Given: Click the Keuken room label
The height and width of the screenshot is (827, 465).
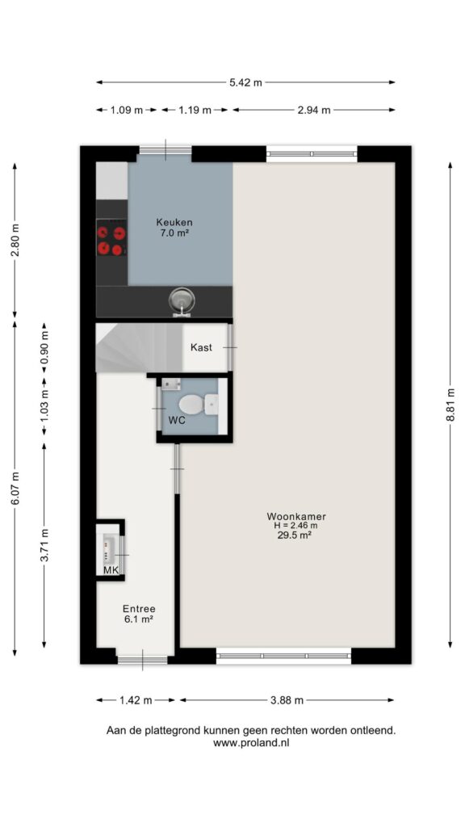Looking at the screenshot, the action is [174, 222].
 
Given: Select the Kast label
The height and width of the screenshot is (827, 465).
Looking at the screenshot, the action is [201, 347].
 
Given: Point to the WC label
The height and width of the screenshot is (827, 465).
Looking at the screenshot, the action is [176, 420].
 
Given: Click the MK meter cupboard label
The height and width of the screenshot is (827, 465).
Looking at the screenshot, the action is [110, 570].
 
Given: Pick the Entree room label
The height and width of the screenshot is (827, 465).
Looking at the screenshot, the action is [139, 608].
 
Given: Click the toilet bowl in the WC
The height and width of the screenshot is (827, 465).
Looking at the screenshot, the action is [191, 405].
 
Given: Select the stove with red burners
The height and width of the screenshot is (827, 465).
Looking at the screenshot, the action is [111, 241].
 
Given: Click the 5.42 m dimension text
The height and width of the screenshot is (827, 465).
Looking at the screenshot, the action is [245, 82].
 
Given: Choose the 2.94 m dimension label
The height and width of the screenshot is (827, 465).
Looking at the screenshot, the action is [314, 110].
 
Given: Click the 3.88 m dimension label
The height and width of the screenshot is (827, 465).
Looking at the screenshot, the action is [287, 700].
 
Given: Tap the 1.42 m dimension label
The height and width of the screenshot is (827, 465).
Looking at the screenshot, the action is [135, 700].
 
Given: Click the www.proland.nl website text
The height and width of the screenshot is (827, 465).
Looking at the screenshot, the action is [252, 743].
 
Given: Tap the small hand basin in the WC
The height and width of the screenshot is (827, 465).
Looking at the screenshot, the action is [170, 384].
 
